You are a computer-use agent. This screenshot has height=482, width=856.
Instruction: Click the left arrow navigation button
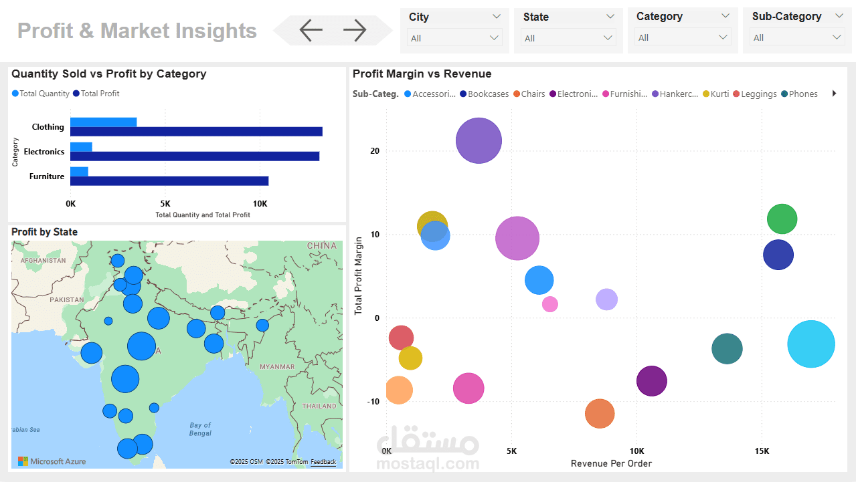pos(311,30)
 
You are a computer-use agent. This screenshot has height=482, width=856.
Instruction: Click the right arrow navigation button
pos(355,30)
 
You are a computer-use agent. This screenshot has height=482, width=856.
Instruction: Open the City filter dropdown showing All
pos(454,38)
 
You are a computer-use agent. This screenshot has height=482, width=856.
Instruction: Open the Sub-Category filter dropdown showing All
pos(797,37)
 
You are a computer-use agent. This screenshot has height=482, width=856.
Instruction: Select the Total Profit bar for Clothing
pos(196,132)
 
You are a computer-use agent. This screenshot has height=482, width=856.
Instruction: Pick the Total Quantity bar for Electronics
pos(81,147)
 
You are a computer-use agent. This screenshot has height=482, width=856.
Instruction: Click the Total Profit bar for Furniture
pos(169,181)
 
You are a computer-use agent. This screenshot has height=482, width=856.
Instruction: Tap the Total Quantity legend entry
pos(41,94)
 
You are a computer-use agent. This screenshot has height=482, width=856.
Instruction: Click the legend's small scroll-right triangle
pos(834,94)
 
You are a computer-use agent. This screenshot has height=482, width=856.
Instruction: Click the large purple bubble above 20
pos(479,140)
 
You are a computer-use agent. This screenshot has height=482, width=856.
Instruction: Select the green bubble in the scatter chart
pos(782,219)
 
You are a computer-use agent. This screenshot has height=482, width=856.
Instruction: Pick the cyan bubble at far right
pos(811,344)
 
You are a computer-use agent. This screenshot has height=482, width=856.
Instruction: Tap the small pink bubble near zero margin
pos(549,304)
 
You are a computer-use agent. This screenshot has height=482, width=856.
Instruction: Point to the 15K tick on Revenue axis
pos(761,451)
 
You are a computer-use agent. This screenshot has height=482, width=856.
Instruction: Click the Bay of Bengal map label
pos(200,429)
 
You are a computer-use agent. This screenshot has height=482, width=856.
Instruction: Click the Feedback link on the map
pos(323,462)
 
